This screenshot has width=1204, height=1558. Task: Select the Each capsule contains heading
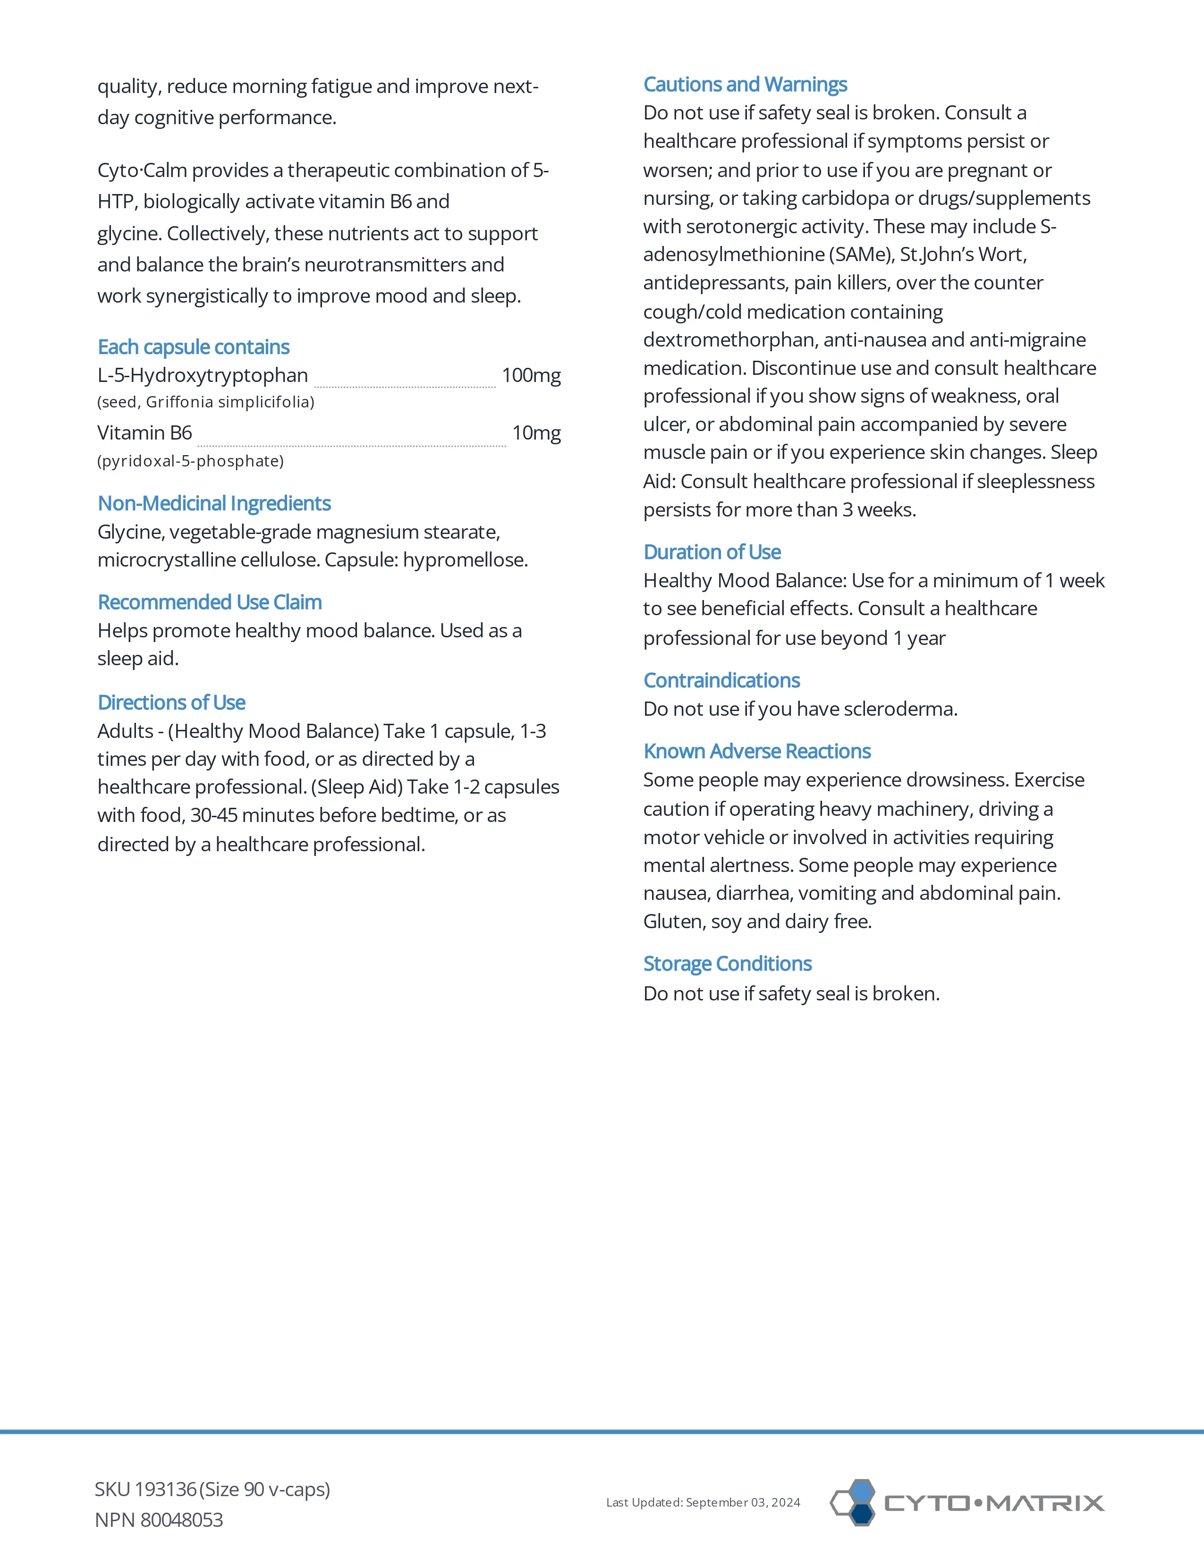[193, 347]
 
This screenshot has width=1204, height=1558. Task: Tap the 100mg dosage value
[531, 375]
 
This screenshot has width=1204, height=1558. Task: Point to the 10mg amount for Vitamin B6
[536, 433]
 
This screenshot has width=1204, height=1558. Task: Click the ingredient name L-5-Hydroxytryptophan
[203, 375]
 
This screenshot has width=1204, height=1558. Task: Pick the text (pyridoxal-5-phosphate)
[190, 462]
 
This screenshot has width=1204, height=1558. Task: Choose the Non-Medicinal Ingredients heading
[214, 504]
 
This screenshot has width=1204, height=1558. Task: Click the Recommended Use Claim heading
[210, 603]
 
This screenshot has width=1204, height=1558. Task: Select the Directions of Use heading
[171, 703]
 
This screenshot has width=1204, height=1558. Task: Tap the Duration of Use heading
[712, 552]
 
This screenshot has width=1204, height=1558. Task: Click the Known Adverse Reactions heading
[757, 751]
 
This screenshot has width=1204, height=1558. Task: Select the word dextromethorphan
[730, 340]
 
